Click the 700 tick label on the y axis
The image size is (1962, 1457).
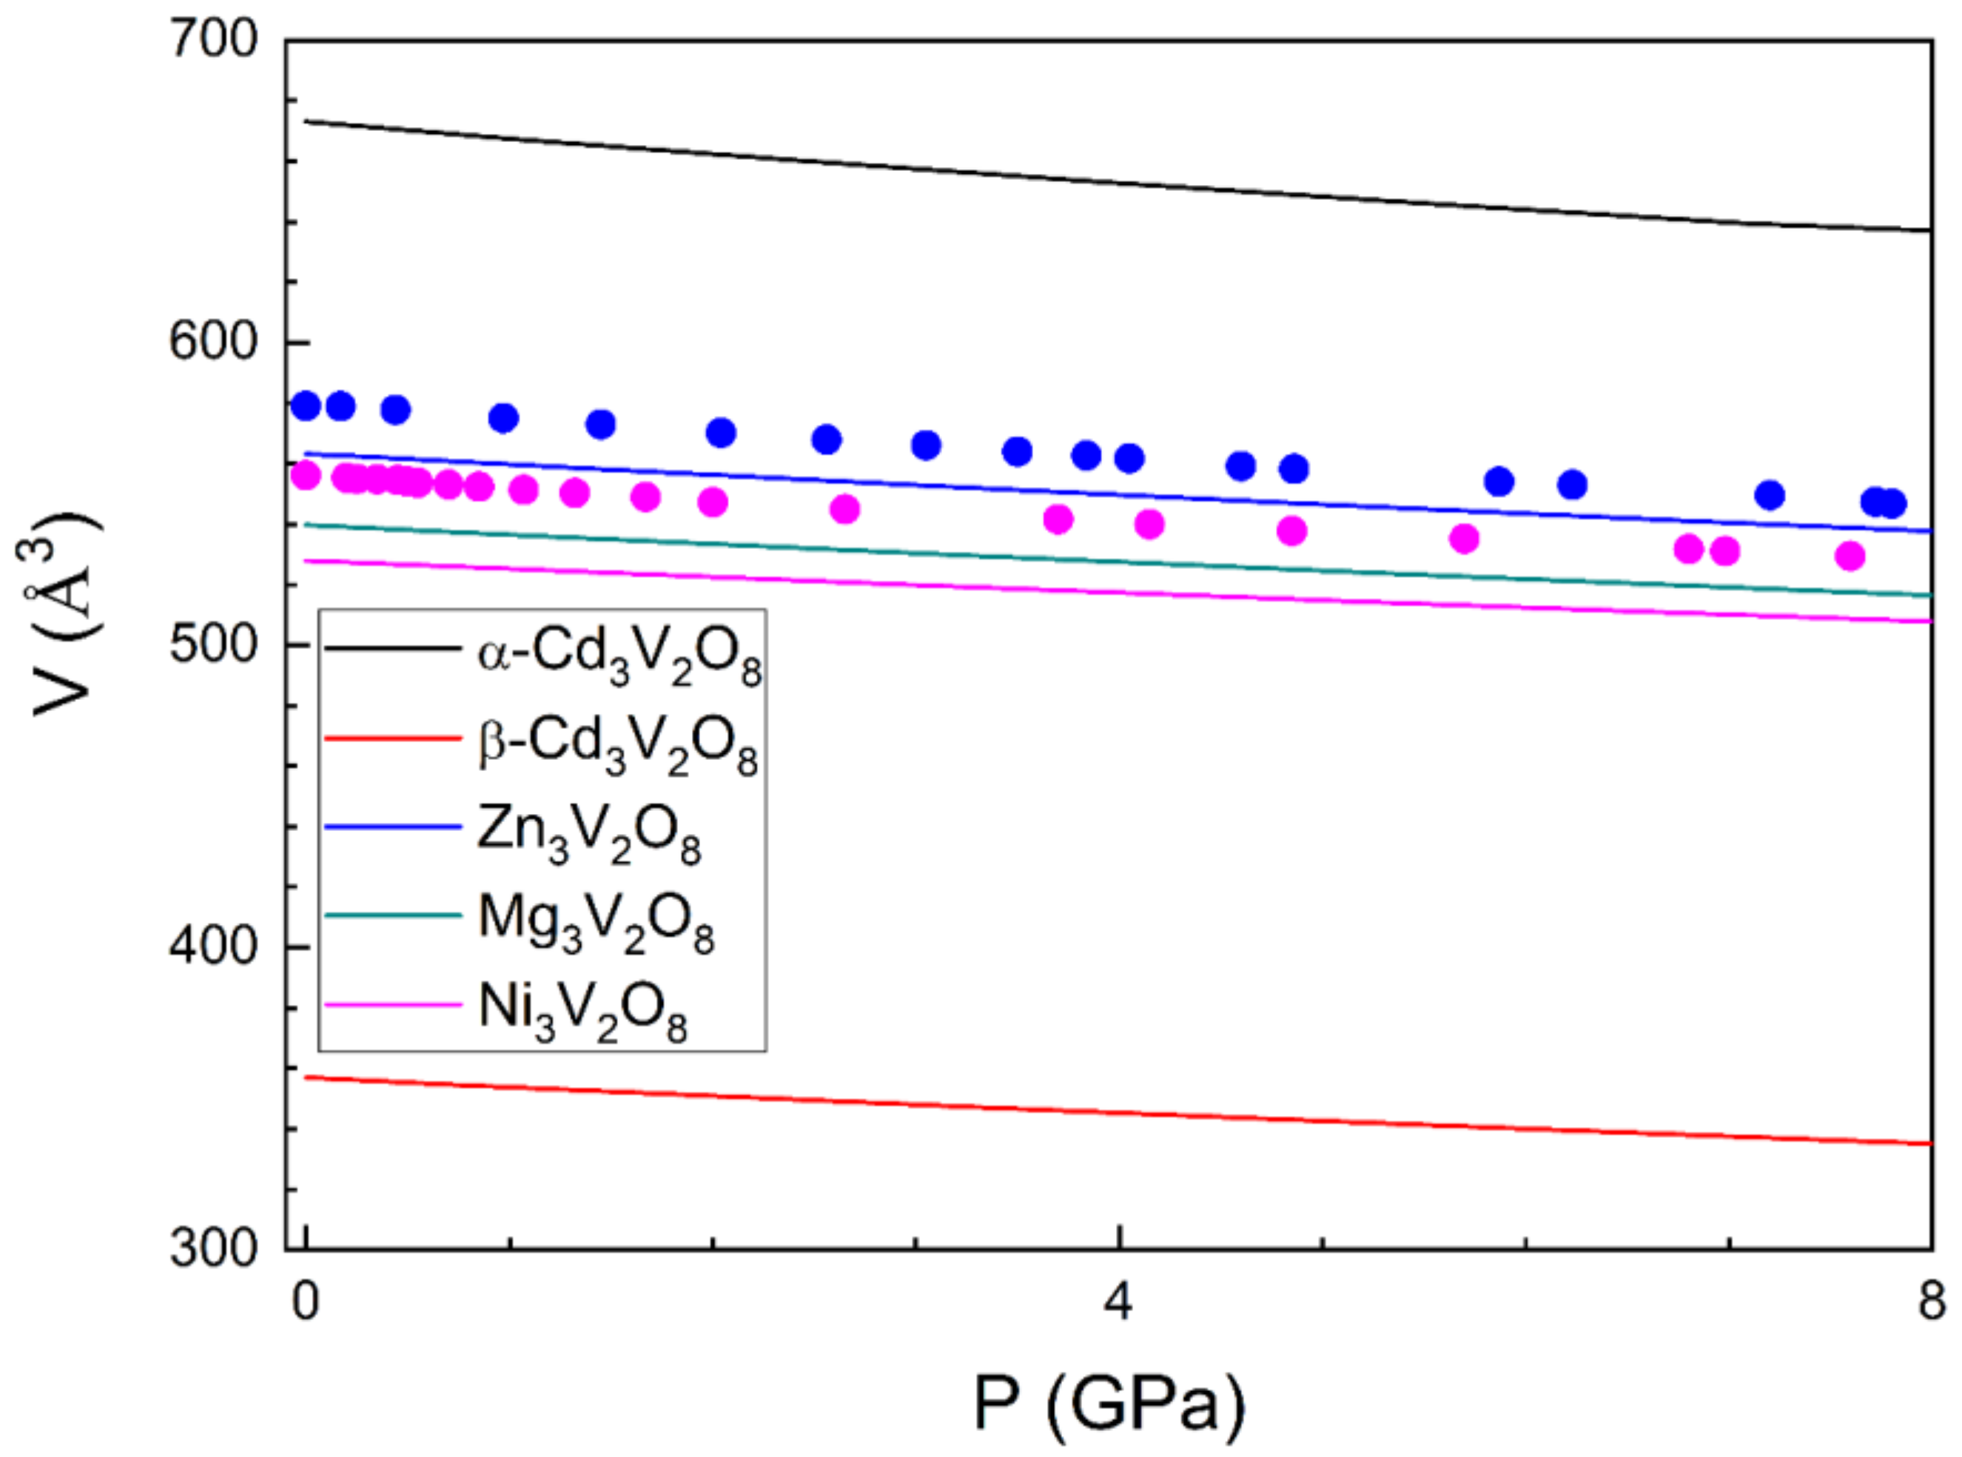215,41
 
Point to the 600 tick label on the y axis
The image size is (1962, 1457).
215,342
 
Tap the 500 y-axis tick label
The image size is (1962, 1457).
215,645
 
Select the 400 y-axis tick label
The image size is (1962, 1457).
215,946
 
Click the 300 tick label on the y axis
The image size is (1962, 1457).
215,1249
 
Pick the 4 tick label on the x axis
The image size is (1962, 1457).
1118,1302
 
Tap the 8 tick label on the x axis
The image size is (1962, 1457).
1931,1302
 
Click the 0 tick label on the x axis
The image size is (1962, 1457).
305,1302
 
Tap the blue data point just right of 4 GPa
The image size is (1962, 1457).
1129,459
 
